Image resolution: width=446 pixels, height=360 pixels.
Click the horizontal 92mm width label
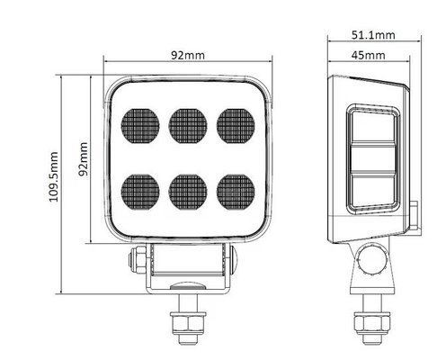(188, 56)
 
